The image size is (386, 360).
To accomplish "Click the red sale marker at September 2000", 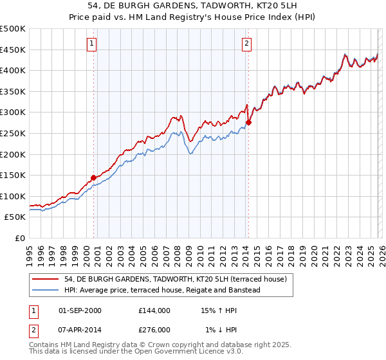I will [x=93, y=177].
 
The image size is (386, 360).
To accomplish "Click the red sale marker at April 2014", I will [x=248, y=122].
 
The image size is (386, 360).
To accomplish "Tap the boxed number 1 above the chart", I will [x=91, y=44].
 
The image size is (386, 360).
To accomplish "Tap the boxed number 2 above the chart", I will [x=246, y=44].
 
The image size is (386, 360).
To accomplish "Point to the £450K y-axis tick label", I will [x=13, y=50].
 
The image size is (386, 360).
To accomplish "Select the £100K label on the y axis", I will [x=13, y=196].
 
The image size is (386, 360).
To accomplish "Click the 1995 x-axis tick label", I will [x=30, y=251].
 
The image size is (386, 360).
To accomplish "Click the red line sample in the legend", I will [x=46, y=279].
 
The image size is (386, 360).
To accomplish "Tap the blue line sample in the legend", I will [x=46, y=290].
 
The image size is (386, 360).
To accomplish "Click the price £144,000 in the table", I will [x=154, y=310].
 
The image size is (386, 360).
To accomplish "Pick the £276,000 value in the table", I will [x=154, y=330].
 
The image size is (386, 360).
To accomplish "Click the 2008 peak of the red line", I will [x=181, y=116].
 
